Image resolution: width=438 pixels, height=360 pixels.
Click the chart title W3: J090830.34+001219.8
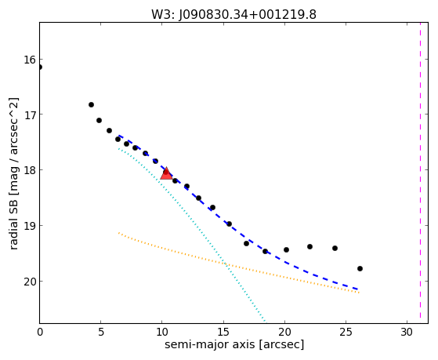pos(233,14)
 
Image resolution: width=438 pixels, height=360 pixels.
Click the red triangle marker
pos(166,173)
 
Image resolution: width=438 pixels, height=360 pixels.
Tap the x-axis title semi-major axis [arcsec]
pos(234,344)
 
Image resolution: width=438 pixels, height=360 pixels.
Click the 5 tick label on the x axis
pos(101,332)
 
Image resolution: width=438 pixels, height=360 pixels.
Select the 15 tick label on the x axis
pos(223,332)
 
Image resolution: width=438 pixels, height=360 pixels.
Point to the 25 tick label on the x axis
pos(346,332)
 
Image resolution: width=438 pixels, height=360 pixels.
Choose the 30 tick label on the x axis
pos(407,332)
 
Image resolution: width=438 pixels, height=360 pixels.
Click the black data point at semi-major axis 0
pos(40,67)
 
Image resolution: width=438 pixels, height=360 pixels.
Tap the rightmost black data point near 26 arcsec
pos(360,268)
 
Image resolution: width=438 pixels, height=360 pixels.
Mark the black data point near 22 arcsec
pos(309,247)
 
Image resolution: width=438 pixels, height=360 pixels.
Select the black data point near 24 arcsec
pos(335,248)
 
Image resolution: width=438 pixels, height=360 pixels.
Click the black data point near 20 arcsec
pos(286,249)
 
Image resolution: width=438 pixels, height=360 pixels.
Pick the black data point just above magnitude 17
pos(91,104)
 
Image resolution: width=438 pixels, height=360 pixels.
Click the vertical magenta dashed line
pos(420,170)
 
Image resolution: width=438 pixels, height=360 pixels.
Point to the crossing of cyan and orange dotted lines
pos(226,264)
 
